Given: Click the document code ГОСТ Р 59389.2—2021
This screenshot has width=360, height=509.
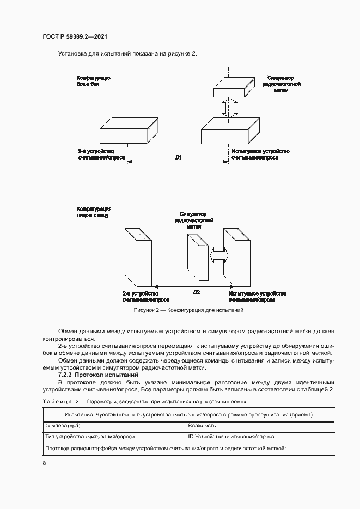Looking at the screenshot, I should (74, 36).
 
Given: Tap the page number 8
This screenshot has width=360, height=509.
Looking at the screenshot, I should (44, 463).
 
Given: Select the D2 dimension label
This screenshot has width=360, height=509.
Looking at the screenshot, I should (197, 292).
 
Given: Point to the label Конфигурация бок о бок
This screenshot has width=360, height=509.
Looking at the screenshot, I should (94, 81).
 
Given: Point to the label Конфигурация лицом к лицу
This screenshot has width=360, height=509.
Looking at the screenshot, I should (94, 212).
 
